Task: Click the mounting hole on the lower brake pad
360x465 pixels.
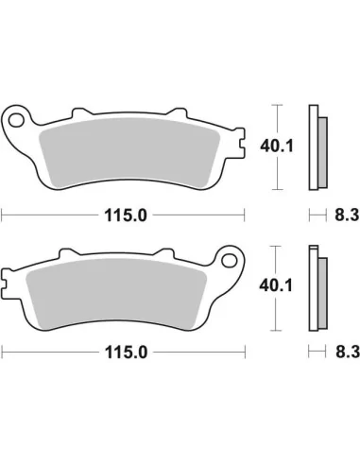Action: [229, 260]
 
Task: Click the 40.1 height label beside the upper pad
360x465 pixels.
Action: [274, 145]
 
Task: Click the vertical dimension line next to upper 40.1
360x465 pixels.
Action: [275, 113]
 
